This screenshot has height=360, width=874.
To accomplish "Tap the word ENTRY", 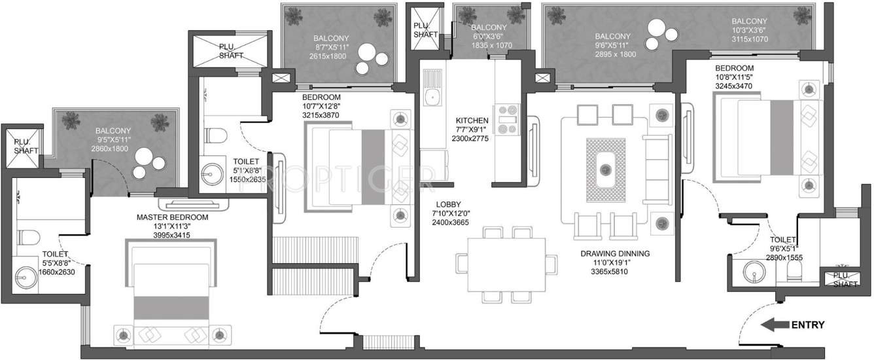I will pyautogui.click(x=808, y=325).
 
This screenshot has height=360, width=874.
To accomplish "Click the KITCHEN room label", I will pyautogui.click(x=472, y=120).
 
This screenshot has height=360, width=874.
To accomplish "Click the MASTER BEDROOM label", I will pyautogui.click(x=172, y=217).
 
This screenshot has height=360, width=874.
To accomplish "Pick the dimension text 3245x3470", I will pyautogui.click(x=735, y=86).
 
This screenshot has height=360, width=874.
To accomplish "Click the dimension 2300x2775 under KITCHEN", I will pyautogui.click(x=472, y=139).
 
